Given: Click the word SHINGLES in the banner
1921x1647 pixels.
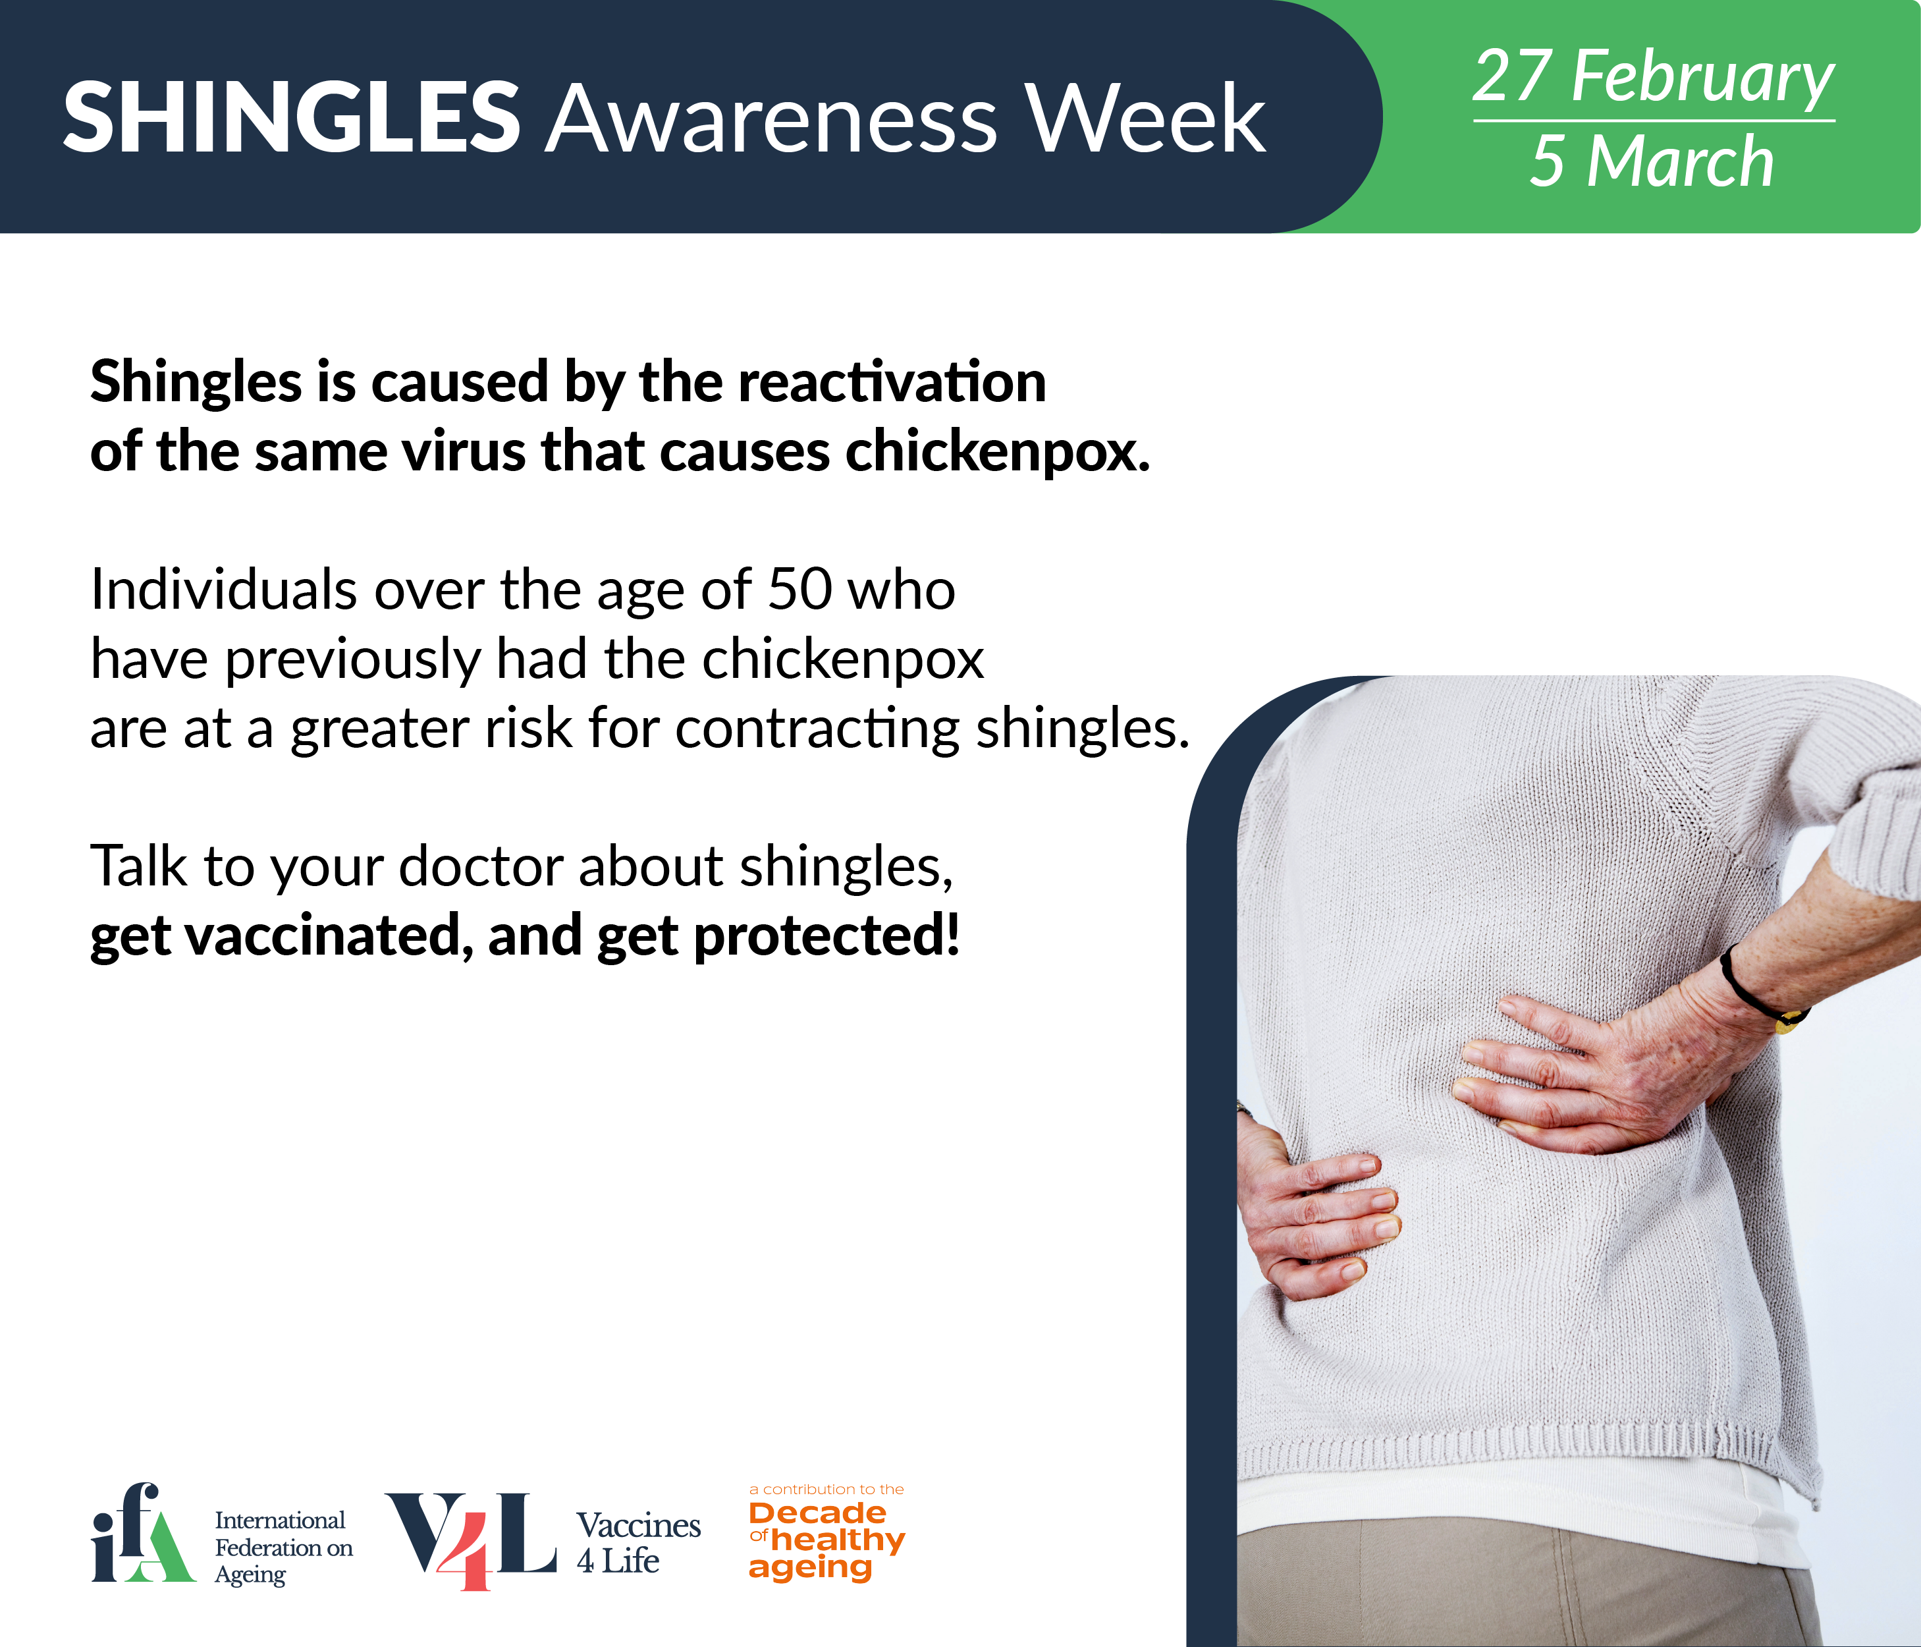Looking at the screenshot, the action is tap(292, 118).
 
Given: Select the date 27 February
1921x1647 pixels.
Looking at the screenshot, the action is tap(1653, 77).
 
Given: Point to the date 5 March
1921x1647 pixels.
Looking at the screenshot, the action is tap(1651, 161).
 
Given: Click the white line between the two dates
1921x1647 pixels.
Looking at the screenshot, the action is tap(1654, 121).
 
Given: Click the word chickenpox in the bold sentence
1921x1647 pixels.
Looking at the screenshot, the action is tap(998, 452).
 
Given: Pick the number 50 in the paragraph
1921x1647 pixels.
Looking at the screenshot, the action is tap(800, 590).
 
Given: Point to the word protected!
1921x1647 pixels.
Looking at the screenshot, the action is tap(826, 937).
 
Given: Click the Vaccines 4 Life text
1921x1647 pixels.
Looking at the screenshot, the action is tap(639, 1543).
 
